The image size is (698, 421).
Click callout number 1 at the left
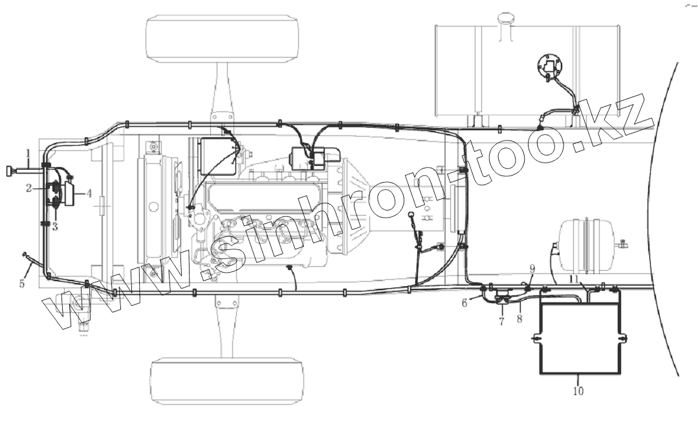pyautogui.click(x=28, y=155)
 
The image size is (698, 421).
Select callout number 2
pyautogui.click(x=29, y=188)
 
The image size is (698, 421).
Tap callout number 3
pyautogui.click(x=55, y=227)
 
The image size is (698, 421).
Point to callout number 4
pyautogui.click(x=89, y=194)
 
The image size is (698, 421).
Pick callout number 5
pyautogui.click(x=22, y=283)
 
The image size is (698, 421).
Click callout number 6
pyautogui.click(x=464, y=303)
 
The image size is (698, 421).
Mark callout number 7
pyautogui.click(x=502, y=321)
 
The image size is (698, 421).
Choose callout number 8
pyautogui.click(x=519, y=319)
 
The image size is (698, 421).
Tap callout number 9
pyautogui.click(x=532, y=269)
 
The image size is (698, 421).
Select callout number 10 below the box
pyautogui.click(x=578, y=391)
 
